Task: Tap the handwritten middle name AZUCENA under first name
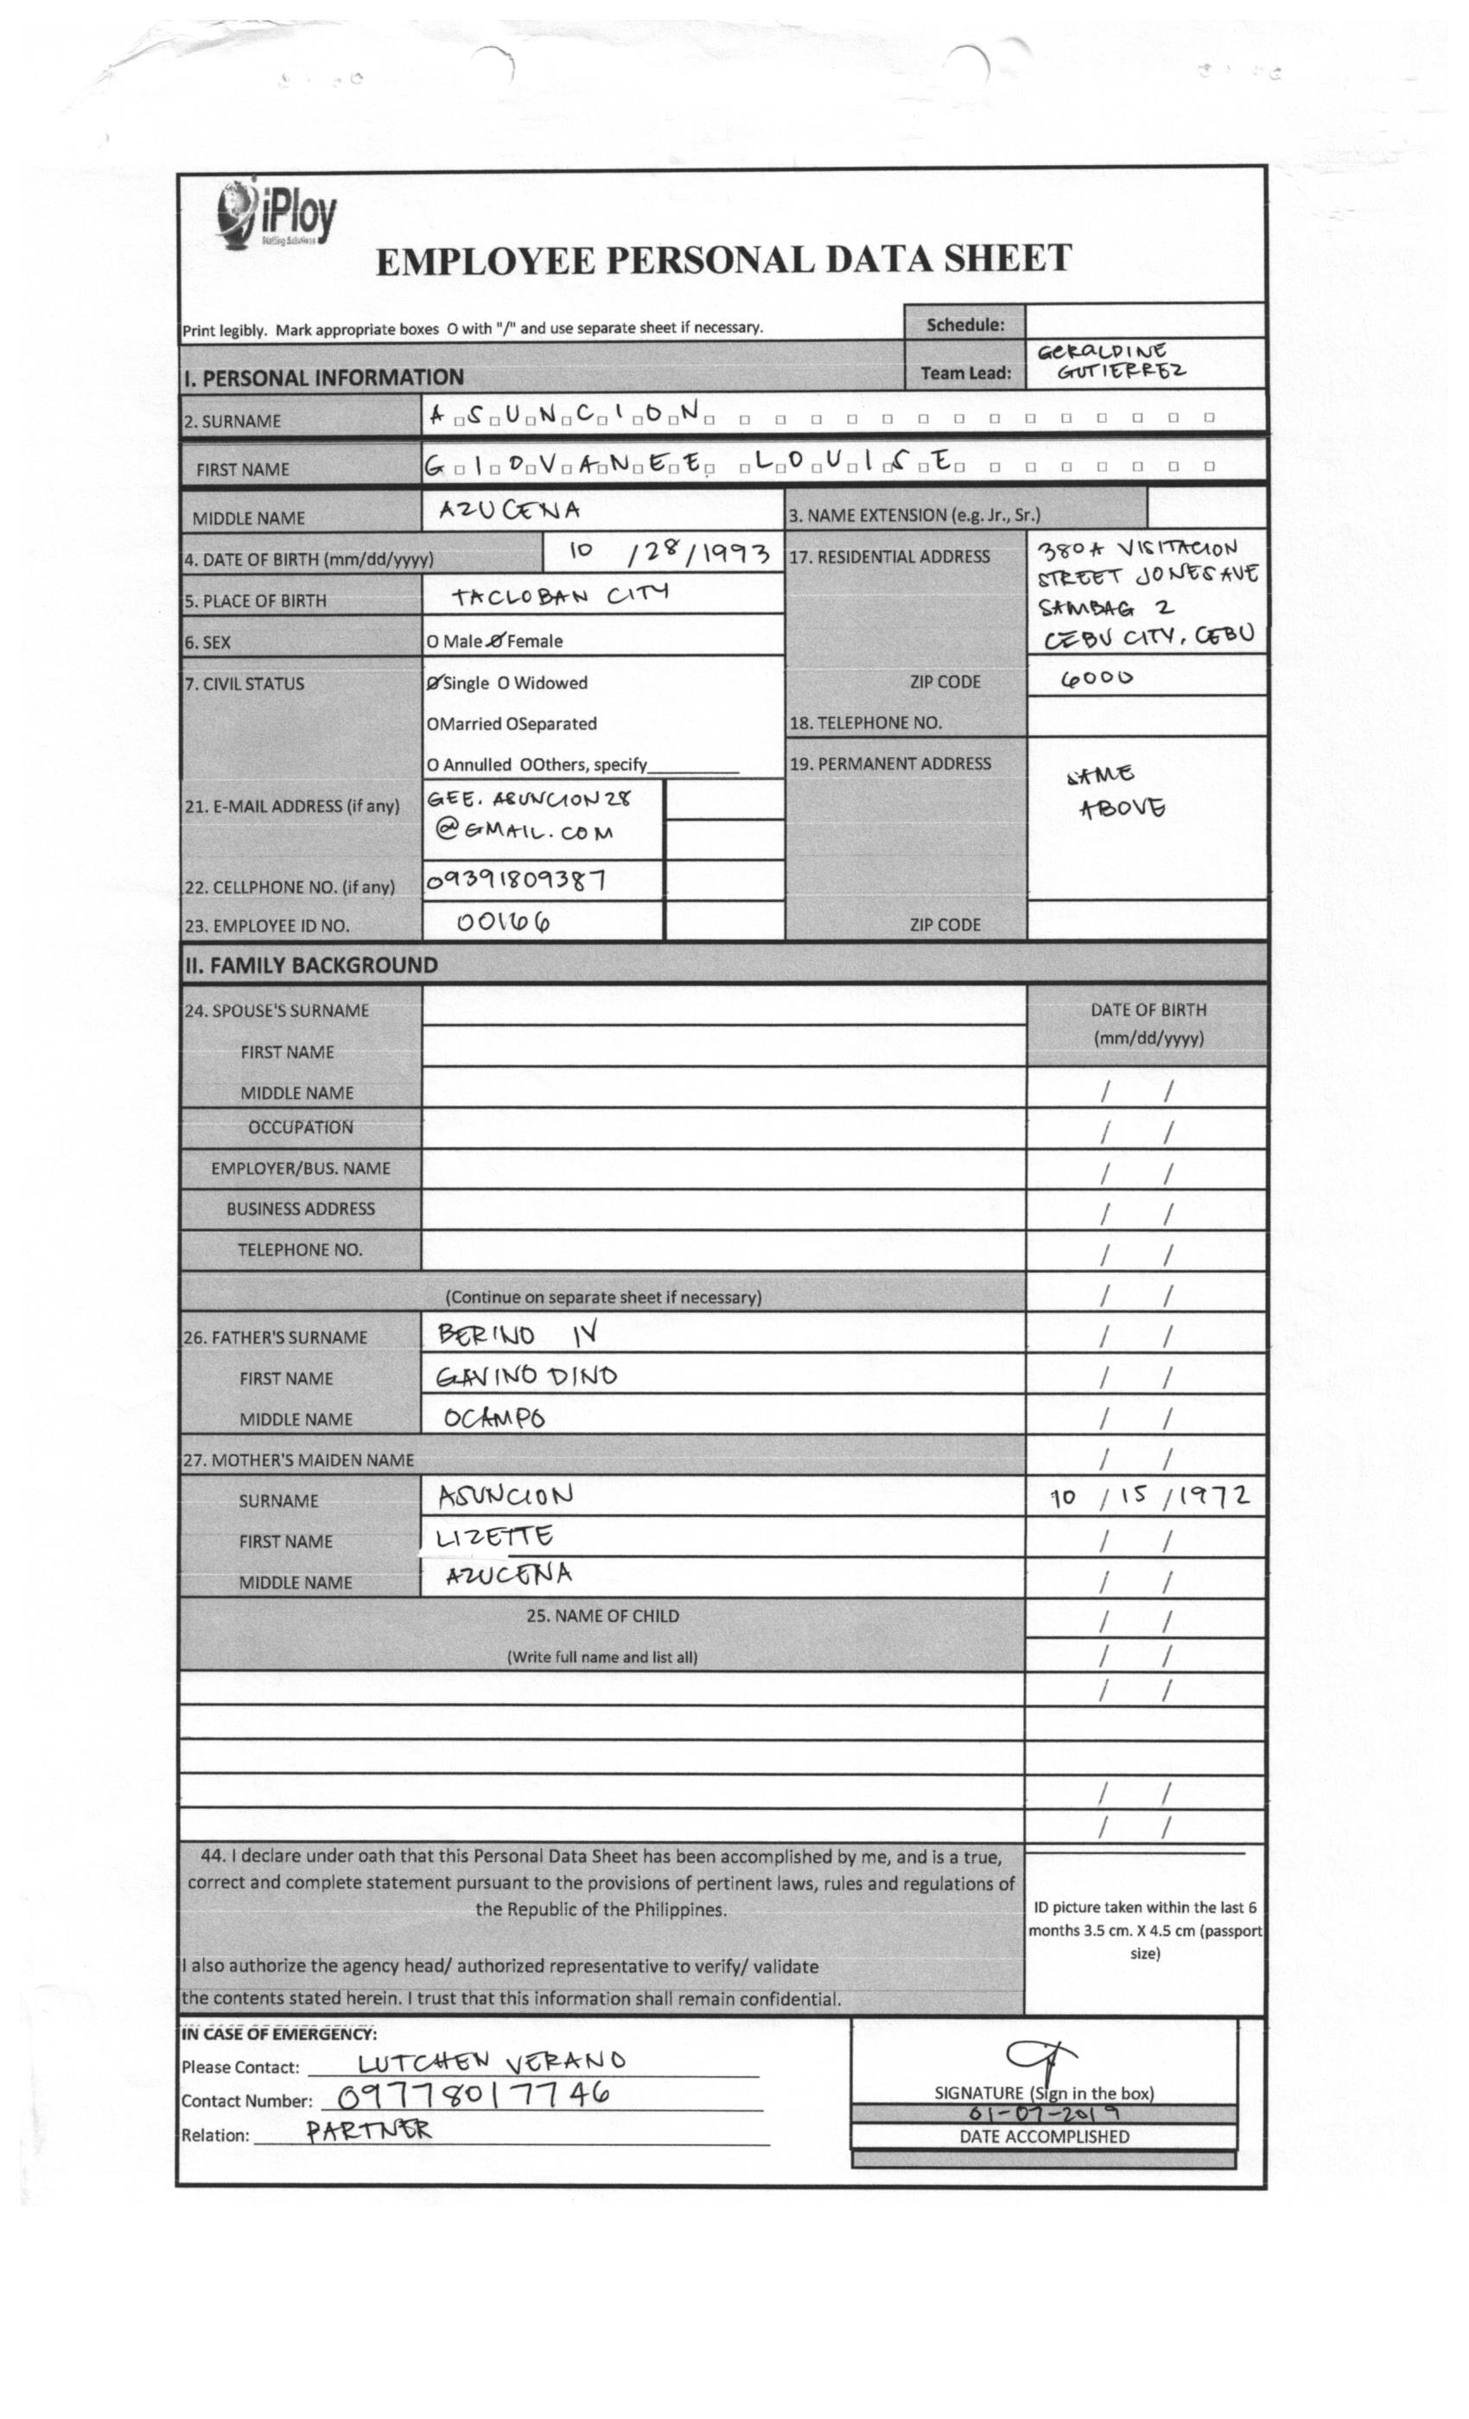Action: point(509,511)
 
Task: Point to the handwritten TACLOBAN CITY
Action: point(560,595)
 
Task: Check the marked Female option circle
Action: point(496,641)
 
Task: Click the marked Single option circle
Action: point(434,683)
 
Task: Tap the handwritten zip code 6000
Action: point(1096,677)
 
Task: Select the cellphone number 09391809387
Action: point(514,879)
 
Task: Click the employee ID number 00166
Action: point(503,921)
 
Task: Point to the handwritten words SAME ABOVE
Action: point(1116,791)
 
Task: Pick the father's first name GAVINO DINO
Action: point(526,1376)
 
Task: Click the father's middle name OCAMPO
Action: point(493,1418)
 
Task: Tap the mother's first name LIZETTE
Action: point(494,1536)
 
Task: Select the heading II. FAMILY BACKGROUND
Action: point(310,965)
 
